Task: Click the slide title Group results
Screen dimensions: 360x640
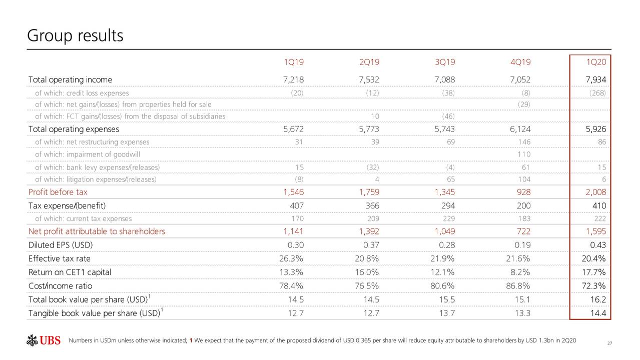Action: coord(75,36)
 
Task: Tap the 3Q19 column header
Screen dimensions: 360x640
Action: coord(445,62)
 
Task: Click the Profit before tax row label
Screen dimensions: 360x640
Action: coord(58,192)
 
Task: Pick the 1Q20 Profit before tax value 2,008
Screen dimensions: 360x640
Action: coord(595,192)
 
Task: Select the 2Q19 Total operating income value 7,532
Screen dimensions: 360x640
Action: coord(369,79)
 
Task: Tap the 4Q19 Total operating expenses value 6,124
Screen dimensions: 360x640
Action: coord(520,129)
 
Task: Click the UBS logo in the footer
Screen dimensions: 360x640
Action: coord(44,341)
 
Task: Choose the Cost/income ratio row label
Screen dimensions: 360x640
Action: coord(60,286)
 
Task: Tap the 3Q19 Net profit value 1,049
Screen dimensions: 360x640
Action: coord(444,231)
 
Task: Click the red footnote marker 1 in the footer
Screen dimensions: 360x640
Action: coord(191,341)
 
